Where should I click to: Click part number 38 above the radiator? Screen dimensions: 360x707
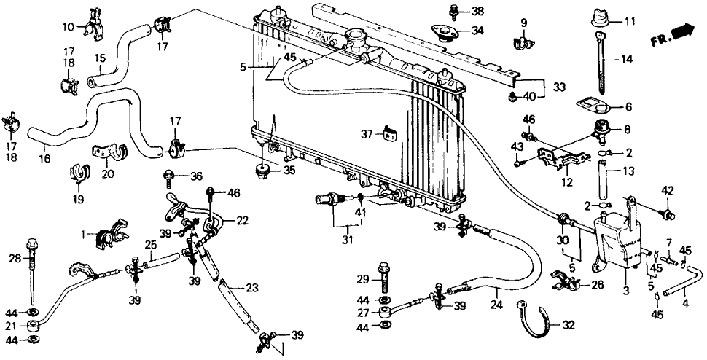tap(477, 12)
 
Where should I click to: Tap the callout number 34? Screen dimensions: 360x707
tap(477, 31)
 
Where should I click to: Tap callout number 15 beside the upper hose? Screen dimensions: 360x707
tap(101, 58)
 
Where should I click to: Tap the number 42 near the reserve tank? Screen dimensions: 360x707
tap(668, 192)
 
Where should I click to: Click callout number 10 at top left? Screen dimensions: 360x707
tap(67, 27)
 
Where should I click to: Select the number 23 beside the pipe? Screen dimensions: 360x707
tap(251, 287)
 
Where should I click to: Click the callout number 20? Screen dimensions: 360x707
tap(108, 173)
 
